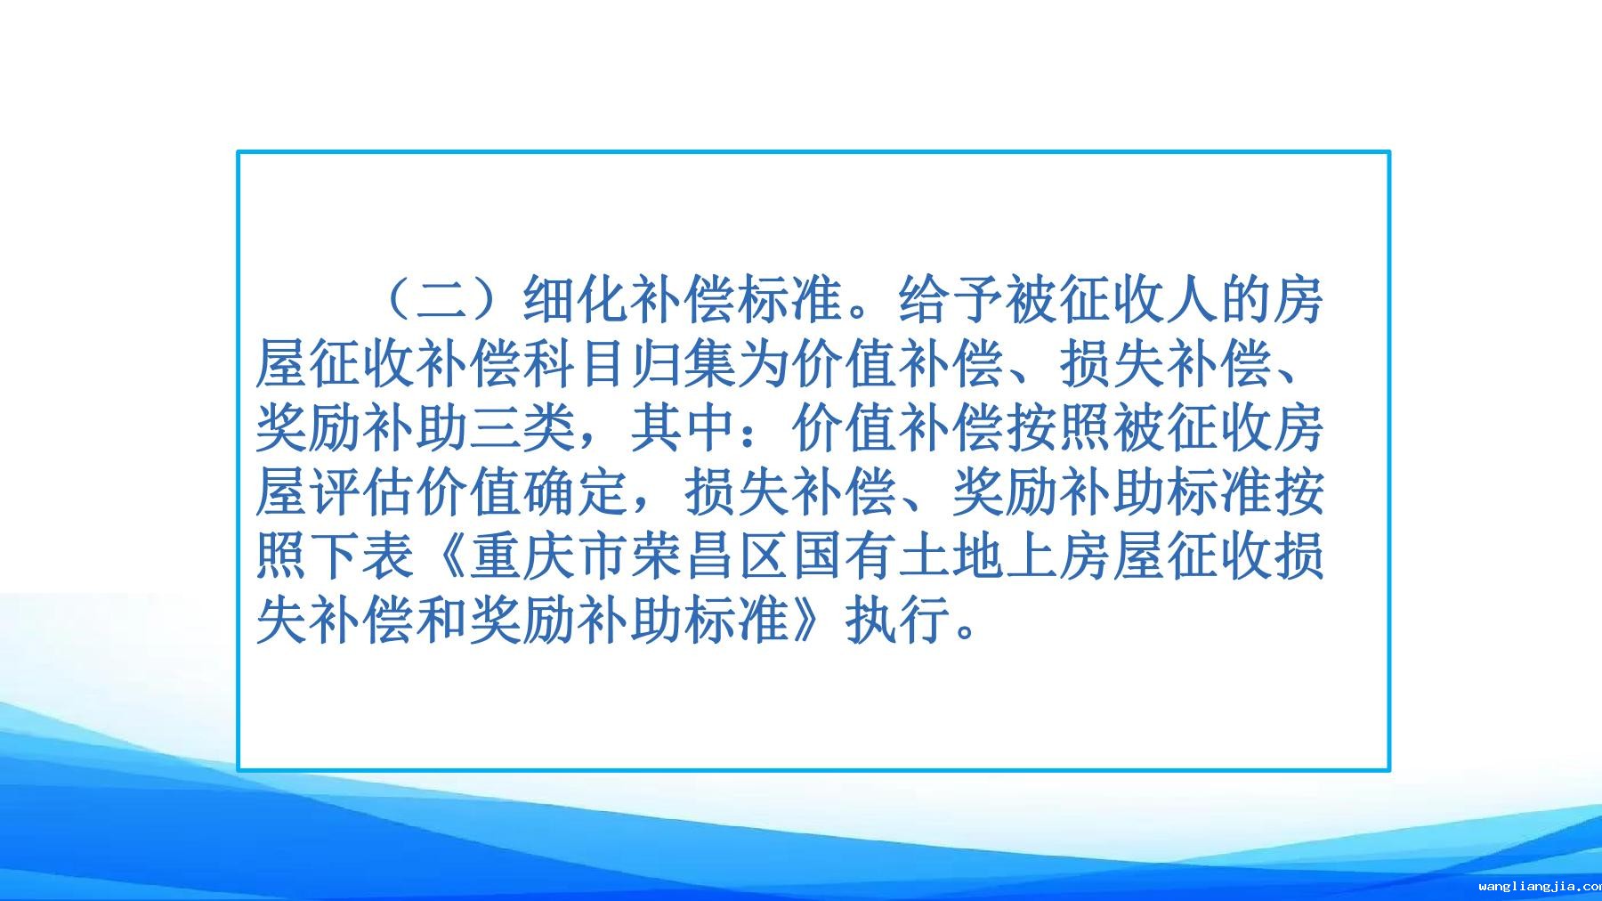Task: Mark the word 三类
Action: [x=523, y=428]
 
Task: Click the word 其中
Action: [x=684, y=428]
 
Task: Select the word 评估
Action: [x=363, y=492]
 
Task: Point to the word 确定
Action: [x=577, y=492]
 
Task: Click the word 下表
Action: [x=363, y=556]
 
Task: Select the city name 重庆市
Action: [x=550, y=556]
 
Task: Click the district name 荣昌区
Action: [x=710, y=556]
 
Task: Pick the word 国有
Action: [x=844, y=556]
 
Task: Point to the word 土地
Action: [x=951, y=556]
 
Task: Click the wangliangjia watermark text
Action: [x=1540, y=886]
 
